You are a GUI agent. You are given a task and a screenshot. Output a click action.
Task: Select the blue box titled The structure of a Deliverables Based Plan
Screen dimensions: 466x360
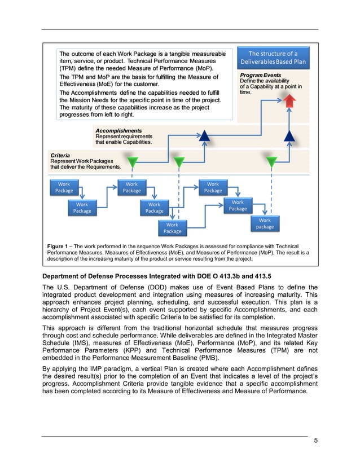tap(273, 58)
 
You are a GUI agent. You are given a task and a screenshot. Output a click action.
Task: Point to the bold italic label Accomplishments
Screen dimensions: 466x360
tap(118, 130)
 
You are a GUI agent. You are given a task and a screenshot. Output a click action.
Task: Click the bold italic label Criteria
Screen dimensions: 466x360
tap(60, 155)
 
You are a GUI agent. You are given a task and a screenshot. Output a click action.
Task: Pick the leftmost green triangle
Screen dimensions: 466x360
tap(133, 163)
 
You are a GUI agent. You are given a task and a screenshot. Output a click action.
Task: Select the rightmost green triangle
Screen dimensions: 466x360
tap(272, 162)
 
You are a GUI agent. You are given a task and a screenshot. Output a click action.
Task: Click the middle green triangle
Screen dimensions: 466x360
tap(179, 163)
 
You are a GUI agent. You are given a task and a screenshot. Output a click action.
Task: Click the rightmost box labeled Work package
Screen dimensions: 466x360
tap(265, 223)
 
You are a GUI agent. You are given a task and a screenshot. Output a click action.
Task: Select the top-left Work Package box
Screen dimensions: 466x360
tap(64, 187)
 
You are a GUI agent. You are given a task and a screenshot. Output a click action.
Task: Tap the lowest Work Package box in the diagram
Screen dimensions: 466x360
tap(172, 228)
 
